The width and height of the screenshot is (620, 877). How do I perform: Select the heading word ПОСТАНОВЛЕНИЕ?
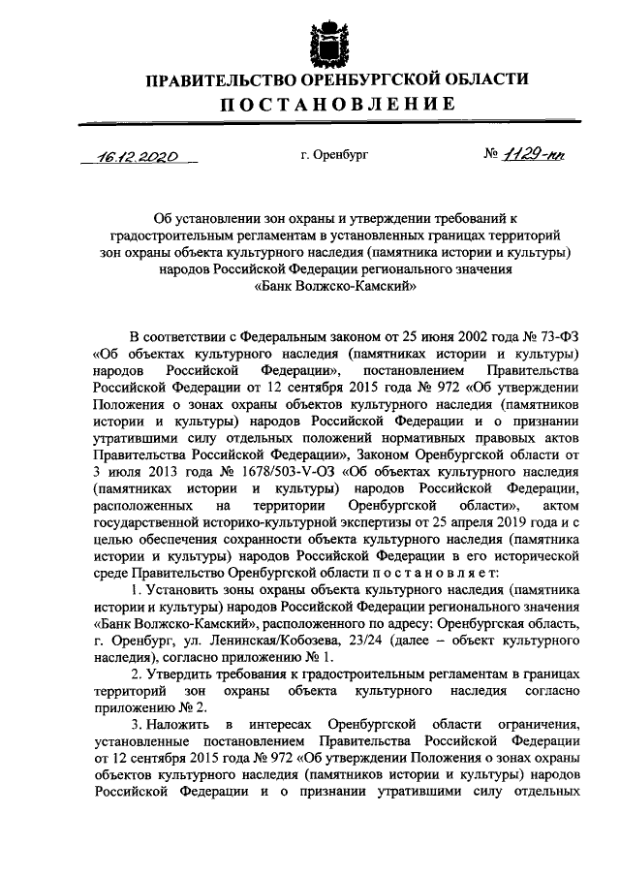(336, 104)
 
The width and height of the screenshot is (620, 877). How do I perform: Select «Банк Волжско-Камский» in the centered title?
(335, 286)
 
